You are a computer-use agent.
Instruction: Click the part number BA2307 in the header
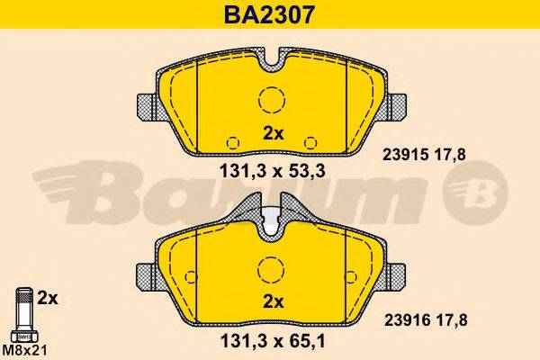pos(269,14)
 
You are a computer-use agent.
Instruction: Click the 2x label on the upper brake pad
pos(273,134)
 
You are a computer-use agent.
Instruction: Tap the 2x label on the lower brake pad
pos(273,301)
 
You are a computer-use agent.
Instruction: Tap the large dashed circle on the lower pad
pos(271,267)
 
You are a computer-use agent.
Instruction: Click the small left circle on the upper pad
pos(232,141)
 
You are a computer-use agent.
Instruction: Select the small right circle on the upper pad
pos(311,141)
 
